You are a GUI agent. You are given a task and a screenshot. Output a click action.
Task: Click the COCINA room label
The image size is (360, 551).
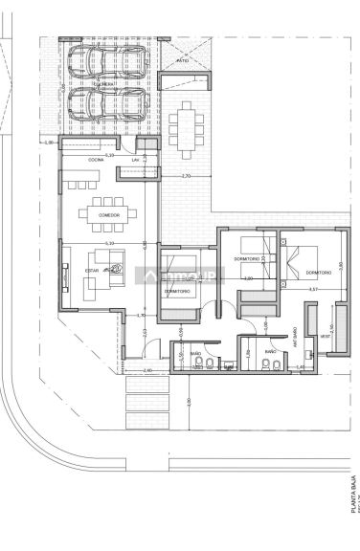pos(96,159)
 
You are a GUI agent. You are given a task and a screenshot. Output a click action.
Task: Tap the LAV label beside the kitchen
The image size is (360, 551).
pos(136,160)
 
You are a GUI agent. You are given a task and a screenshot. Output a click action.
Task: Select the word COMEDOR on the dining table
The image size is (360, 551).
pos(108,215)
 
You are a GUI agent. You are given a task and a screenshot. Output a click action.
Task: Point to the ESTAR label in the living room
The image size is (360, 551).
pos(92,271)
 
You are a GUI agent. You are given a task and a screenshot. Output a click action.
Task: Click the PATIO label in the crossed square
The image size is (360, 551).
pos(182,60)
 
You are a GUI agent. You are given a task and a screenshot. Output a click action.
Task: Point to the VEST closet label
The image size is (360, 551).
pos(325,337)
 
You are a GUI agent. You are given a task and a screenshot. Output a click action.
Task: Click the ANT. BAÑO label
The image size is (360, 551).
pos(294,334)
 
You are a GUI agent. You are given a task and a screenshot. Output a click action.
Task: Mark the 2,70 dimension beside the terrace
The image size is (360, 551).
pos(186,177)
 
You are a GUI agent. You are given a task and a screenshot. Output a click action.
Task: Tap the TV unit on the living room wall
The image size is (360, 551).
pos(65,277)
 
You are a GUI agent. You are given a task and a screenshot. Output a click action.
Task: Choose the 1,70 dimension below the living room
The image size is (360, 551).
pos(140,315)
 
